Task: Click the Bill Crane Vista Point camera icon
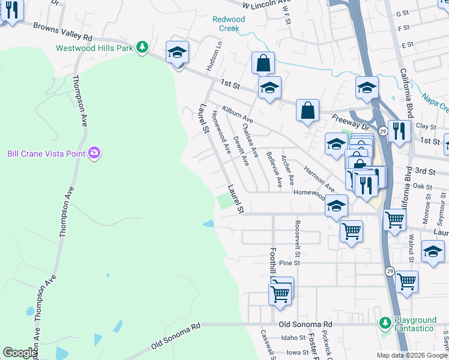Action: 94,154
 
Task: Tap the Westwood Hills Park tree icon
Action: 142,47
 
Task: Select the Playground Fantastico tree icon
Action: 385,324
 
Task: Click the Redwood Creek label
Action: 229,23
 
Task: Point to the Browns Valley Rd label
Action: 62,32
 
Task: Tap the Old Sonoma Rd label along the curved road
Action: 175,336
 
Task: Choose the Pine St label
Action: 289,263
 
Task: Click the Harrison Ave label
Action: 318,177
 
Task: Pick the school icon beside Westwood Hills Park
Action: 177,53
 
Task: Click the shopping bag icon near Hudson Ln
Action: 263,63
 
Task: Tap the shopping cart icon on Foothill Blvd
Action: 280,294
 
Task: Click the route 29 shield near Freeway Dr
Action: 382,130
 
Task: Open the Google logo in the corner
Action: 20,353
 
